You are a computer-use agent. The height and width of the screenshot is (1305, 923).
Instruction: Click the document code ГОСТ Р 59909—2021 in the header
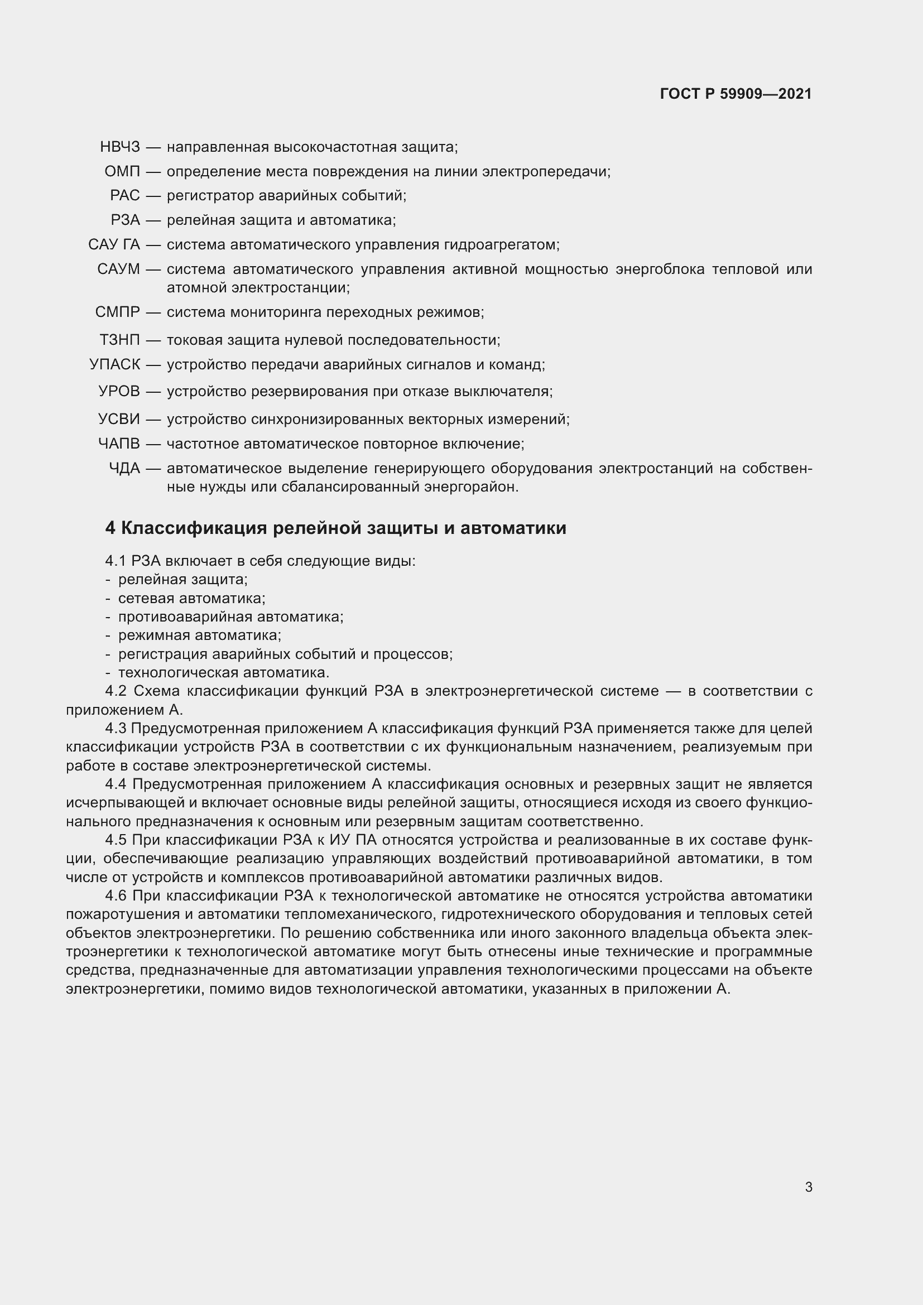tap(735, 94)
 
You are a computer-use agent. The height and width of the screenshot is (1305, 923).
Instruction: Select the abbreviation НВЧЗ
tap(119, 147)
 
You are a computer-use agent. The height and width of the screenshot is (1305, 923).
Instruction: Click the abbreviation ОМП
tap(122, 172)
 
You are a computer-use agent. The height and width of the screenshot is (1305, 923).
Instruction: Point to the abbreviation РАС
tap(124, 196)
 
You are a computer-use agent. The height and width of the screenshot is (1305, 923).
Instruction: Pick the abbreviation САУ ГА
tap(114, 245)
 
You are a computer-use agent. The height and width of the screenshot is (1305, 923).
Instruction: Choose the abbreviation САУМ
tap(118, 269)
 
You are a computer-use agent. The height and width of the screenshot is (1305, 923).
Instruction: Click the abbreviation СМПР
tap(117, 312)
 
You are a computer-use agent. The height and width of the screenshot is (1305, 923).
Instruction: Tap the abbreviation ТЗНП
tap(119, 340)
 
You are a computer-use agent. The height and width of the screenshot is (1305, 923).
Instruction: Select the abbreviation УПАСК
tap(114, 364)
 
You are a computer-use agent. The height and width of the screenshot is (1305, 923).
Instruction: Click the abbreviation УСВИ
tap(118, 420)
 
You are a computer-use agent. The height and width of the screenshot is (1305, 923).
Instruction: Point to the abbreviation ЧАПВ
tap(118, 444)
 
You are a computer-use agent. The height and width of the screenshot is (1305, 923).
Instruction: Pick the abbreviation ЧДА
tap(124, 468)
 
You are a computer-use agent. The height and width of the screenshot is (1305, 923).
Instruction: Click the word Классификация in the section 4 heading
tap(194, 528)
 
